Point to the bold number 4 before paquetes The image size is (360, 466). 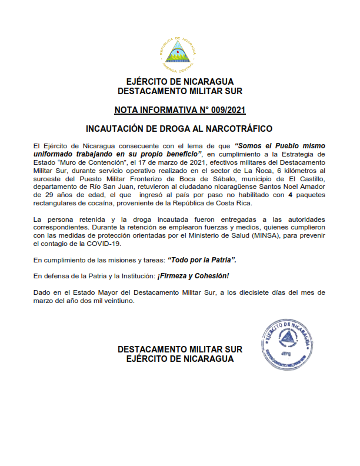(x=291, y=194)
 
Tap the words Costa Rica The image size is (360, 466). (x=234, y=202)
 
